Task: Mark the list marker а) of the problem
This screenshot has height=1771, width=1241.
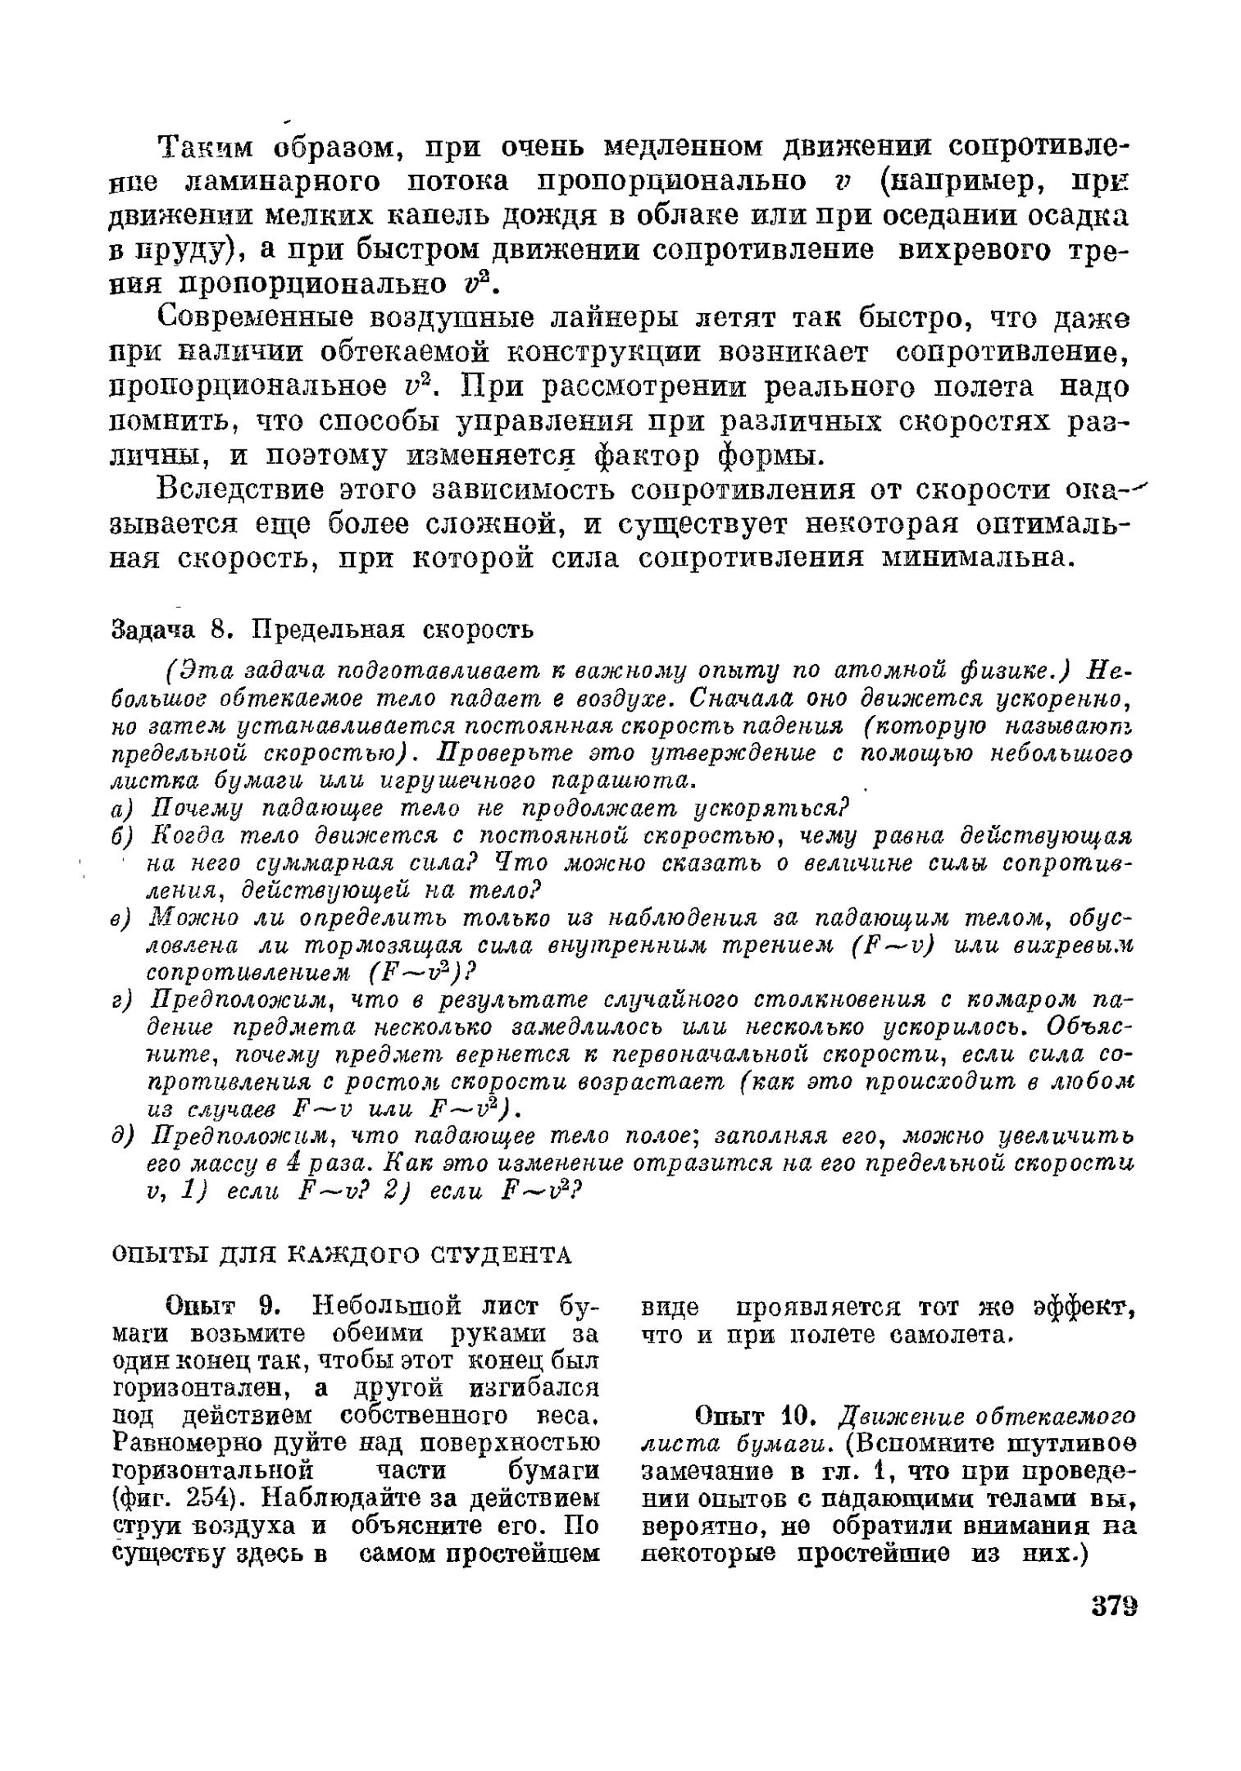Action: tap(121, 809)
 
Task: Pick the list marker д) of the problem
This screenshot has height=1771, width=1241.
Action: tap(121, 1137)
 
